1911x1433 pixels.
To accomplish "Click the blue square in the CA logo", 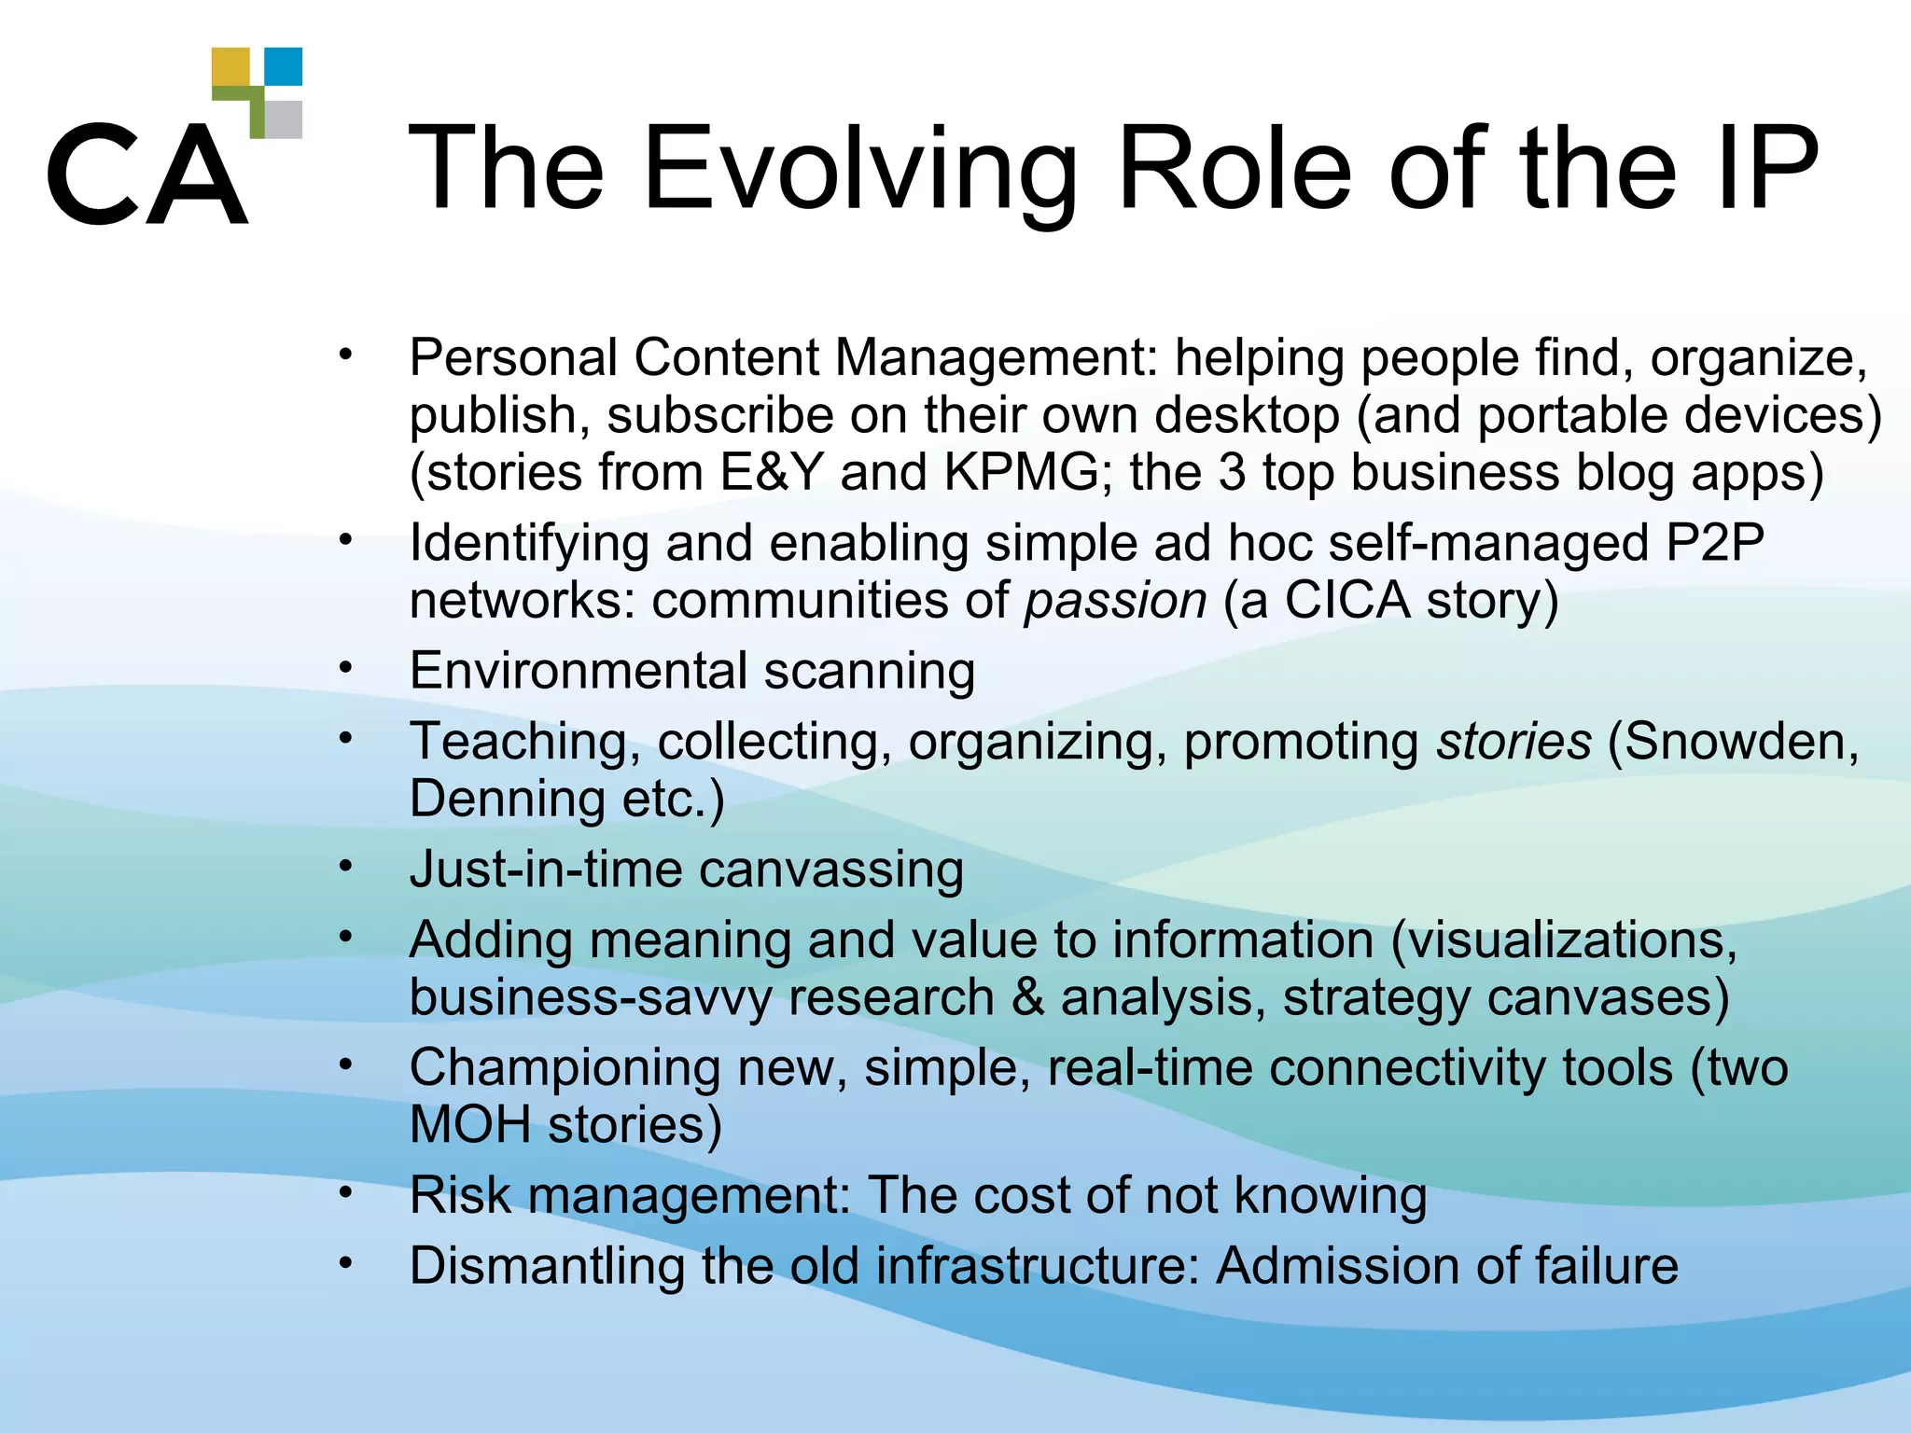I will [284, 66].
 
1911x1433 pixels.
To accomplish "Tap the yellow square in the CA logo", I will [230, 67].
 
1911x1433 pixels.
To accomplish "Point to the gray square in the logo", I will [285, 119].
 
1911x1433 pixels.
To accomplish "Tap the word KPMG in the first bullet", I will [1022, 472].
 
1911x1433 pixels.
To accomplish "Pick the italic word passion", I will [1116, 600].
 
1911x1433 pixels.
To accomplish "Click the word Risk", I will [461, 1195].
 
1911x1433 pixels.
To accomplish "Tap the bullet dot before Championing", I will [346, 1064].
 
